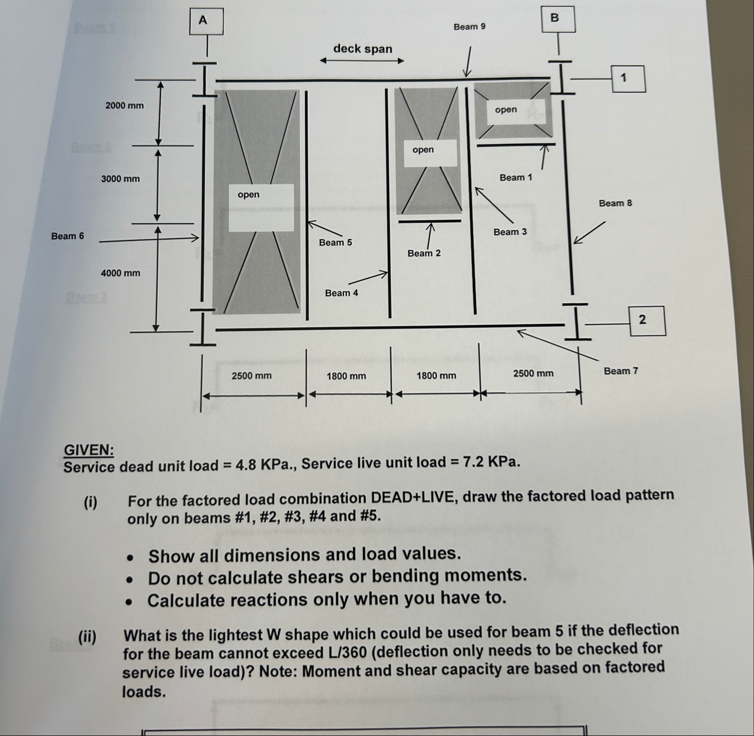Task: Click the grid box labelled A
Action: tap(206, 21)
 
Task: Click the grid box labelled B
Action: tap(558, 19)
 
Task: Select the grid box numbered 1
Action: tap(628, 78)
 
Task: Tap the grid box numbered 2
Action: tap(647, 321)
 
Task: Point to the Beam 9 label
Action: tap(469, 27)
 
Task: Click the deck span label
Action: tap(362, 49)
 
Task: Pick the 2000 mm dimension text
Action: tap(124, 106)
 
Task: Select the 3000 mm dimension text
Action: tap(120, 179)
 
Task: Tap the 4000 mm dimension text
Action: tap(120, 273)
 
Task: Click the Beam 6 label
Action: tap(67, 236)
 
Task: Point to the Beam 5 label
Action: tap(335, 243)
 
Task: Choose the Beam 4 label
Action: tap(341, 293)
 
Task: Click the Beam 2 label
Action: tap(424, 253)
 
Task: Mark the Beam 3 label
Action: tap(510, 232)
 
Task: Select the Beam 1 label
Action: tap(515, 178)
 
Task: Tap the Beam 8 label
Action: tap(615, 203)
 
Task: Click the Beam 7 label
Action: tap(620, 371)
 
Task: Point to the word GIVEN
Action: tap(89, 450)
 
